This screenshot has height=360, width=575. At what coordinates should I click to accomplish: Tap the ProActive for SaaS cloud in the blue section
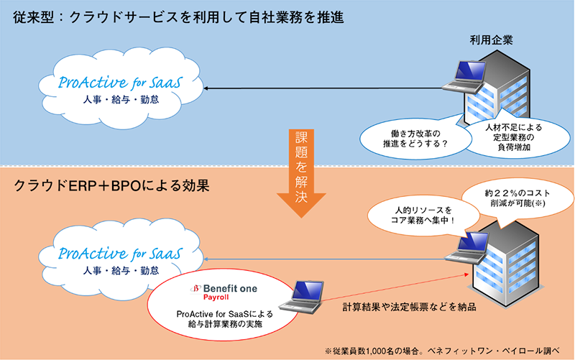(x=119, y=90)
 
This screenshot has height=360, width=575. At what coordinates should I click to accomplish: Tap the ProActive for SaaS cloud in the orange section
(x=119, y=260)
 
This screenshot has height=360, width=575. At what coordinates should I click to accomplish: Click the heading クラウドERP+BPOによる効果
(x=111, y=188)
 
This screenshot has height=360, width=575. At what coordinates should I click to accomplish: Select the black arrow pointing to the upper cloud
(x=323, y=89)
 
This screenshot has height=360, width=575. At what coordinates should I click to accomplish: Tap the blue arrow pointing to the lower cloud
(x=323, y=259)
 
